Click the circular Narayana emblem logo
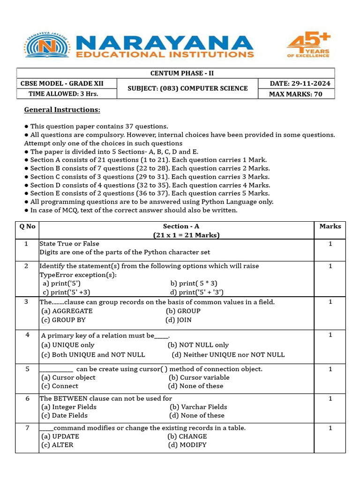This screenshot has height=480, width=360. (47, 45)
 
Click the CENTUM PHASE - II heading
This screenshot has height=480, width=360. (182, 73)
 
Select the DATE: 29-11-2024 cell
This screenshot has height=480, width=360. (300, 83)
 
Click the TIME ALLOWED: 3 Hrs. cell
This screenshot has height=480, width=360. (60, 94)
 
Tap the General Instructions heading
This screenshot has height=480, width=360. (62, 110)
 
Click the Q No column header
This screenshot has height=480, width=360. (27, 226)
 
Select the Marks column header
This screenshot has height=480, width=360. (330, 226)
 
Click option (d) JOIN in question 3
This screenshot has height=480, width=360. (179, 320)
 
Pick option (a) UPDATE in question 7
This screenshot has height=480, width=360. (60, 436)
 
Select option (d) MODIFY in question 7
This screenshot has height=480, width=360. (187, 444)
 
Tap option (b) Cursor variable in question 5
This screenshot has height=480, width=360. (199, 377)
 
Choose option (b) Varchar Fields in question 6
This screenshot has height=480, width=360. (198, 407)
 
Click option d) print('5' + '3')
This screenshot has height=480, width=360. (197, 292)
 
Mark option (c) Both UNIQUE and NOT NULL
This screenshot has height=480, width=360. (93, 354)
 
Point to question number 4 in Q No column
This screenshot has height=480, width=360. (27, 335)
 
